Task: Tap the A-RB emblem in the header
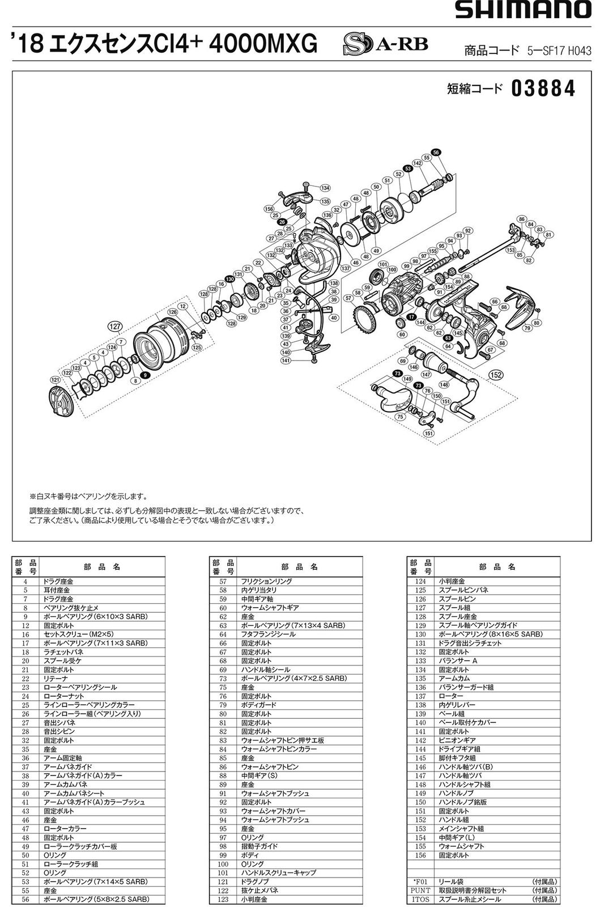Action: click(x=385, y=44)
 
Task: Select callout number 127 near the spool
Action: click(x=116, y=326)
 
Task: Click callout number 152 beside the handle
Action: click(x=496, y=375)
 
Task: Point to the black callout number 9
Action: click(x=146, y=375)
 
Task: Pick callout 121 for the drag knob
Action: click(x=55, y=379)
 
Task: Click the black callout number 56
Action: click(x=436, y=152)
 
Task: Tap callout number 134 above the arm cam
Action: click(x=325, y=188)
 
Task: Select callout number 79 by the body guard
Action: click(x=527, y=328)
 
